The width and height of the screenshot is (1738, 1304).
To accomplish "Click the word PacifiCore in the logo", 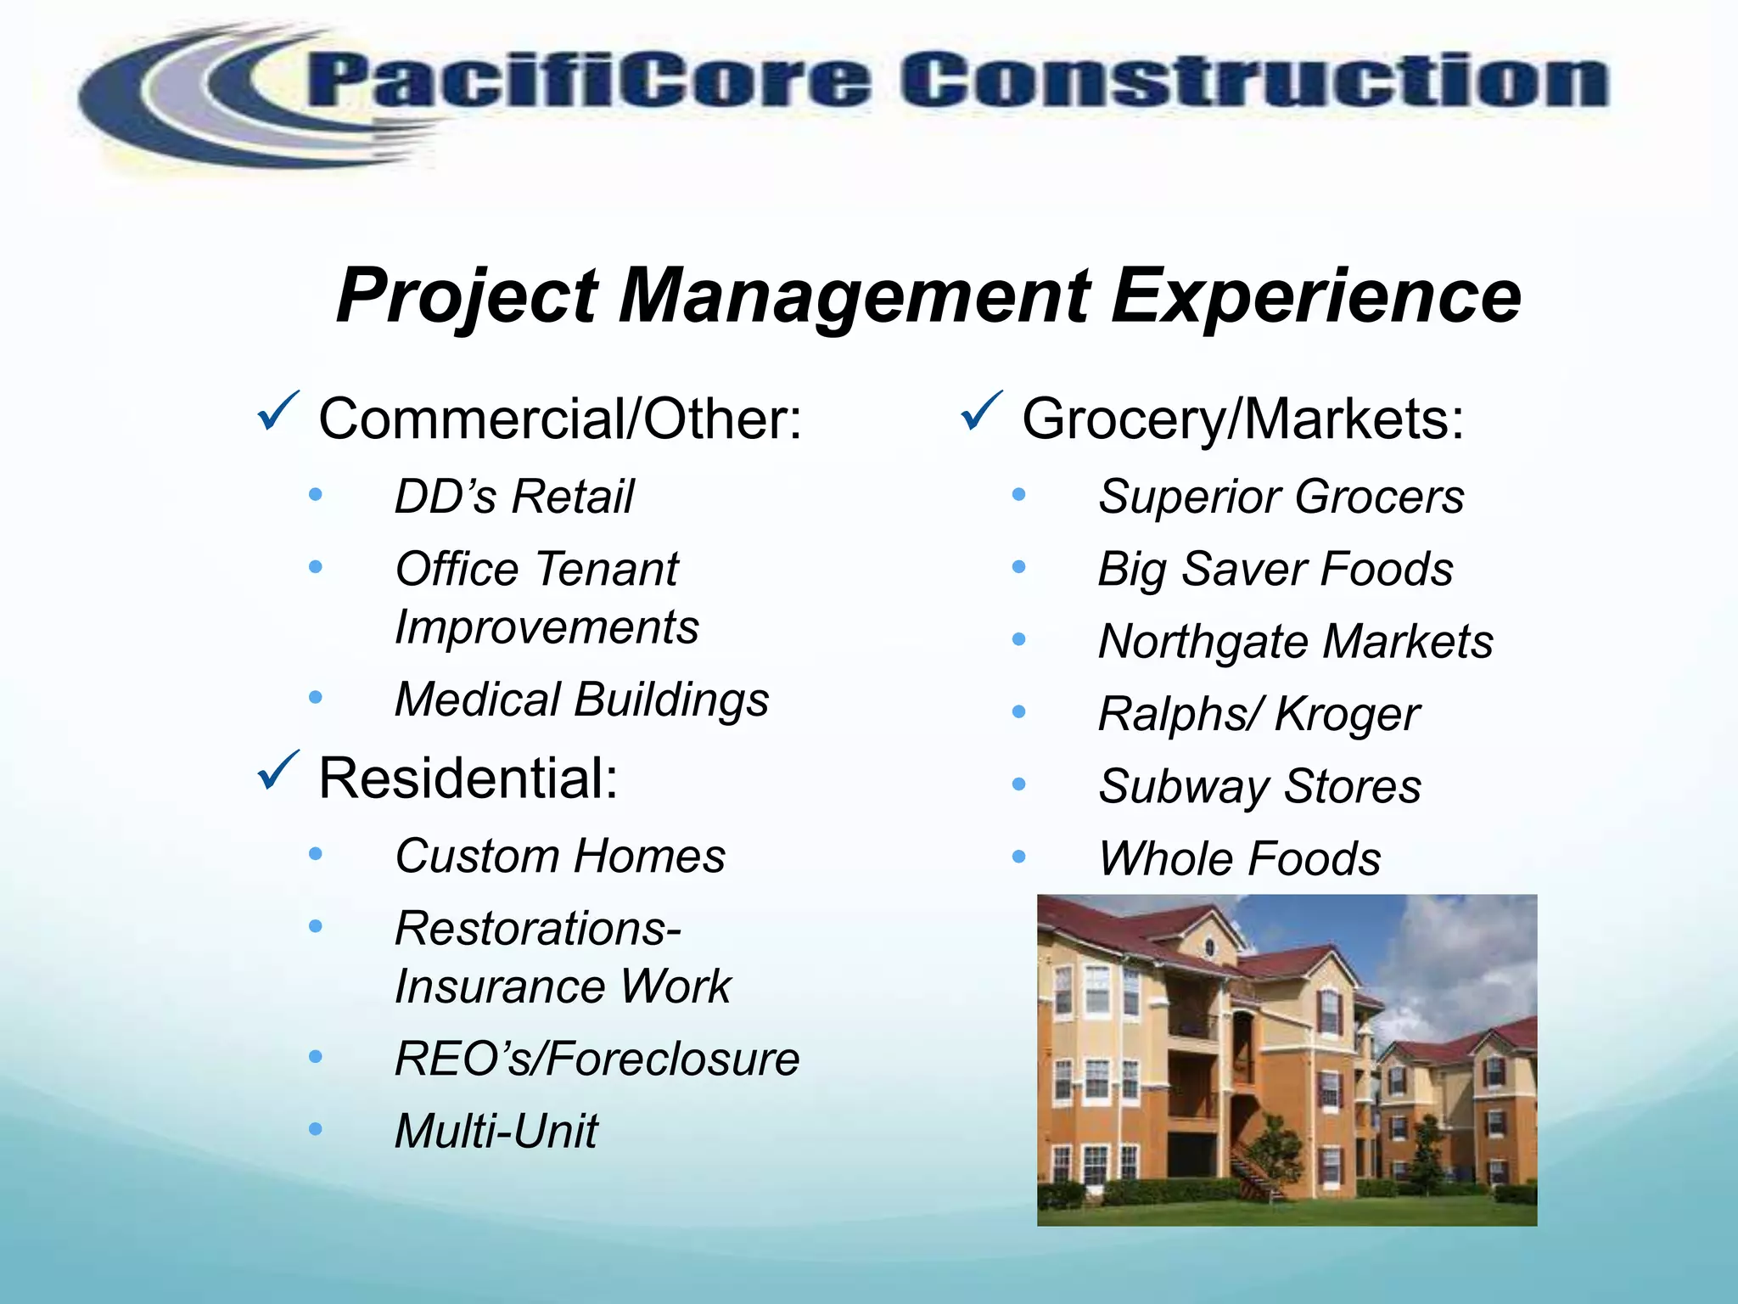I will (x=586, y=82).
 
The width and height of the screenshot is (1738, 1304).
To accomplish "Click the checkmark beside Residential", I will (x=278, y=770).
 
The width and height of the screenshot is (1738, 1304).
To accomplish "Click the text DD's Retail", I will (x=514, y=497).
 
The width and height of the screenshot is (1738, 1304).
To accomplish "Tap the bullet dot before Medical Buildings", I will (x=316, y=698).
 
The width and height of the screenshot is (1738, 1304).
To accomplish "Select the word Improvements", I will (x=547, y=628).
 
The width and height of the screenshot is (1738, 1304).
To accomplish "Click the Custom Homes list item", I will (x=560, y=856).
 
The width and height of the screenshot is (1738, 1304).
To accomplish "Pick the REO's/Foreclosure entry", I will (x=597, y=1059).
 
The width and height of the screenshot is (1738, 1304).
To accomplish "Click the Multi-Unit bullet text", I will (x=496, y=1132).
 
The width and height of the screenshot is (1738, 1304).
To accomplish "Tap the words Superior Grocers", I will (x=1281, y=497).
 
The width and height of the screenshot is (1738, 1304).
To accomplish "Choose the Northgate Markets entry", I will (x=1295, y=642).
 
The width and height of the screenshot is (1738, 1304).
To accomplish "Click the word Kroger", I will (x=1347, y=715).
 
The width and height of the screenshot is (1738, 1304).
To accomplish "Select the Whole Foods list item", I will (x=1239, y=859).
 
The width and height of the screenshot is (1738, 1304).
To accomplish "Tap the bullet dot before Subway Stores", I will (x=1019, y=784).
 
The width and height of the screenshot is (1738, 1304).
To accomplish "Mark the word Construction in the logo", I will (x=1254, y=82).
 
